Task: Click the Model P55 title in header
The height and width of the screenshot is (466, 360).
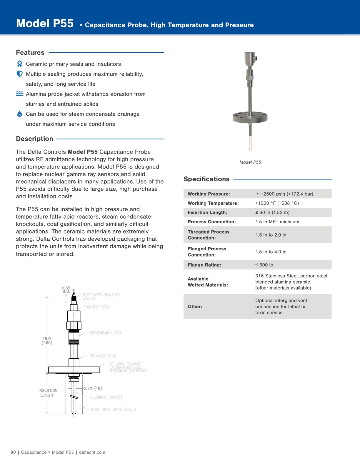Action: pos(45,24)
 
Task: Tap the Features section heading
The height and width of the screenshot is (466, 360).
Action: pos(30,53)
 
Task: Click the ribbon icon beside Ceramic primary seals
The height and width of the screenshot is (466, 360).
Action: pos(19,64)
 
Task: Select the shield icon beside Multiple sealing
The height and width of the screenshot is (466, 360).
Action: pos(19,74)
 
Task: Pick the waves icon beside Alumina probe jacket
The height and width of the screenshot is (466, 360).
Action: pos(19,94)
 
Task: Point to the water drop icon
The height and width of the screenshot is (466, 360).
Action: pos(19,114)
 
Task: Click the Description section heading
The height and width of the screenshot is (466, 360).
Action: pos(34,139)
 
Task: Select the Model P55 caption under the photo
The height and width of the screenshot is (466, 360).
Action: pos(250,162)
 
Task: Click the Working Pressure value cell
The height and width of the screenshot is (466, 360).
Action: pos(285,194)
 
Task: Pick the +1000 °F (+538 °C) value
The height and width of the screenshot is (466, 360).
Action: pos(277,203)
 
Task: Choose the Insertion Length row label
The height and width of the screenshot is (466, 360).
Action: pos(207,212)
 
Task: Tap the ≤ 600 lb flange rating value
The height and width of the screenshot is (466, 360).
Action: pos(264,265)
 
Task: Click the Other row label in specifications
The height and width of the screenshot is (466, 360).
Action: pos(195,307)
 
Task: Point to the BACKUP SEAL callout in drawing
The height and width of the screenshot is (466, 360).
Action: pos(97,307)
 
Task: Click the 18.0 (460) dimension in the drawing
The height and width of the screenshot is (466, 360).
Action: pos(47,341)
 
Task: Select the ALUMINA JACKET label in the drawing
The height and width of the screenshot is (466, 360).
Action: pos(106,397)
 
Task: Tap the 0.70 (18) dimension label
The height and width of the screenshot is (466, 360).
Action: pos(93,388)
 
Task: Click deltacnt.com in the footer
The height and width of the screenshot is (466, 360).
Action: pos(92,452)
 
